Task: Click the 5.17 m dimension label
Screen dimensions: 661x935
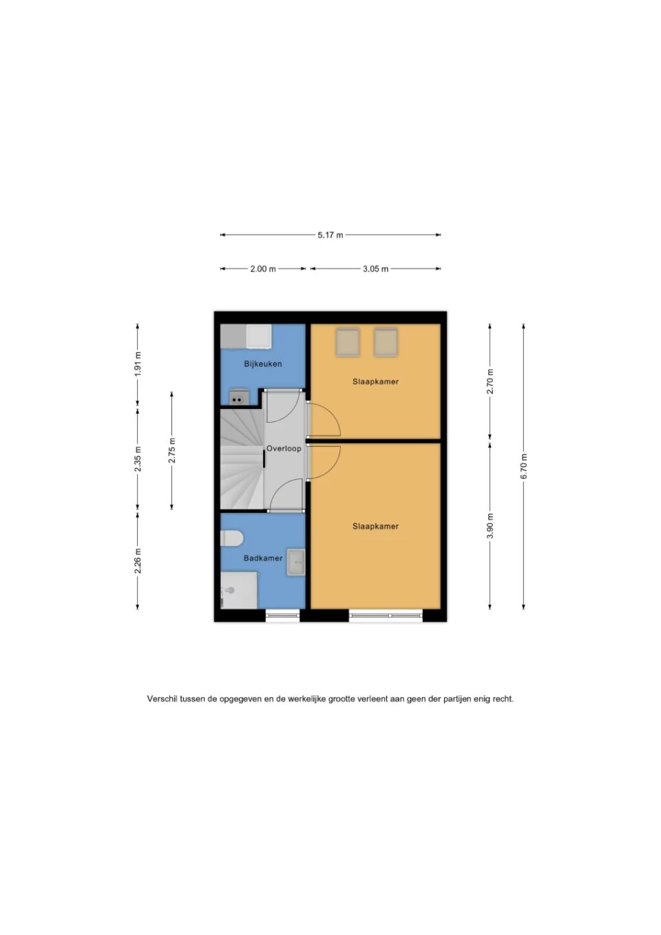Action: [330, 235]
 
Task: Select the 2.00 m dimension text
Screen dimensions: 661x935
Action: [263, 269]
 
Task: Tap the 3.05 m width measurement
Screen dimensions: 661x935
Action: [375, 269]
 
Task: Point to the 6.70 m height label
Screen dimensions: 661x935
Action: [524, 466]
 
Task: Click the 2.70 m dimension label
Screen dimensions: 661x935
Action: [490, 381]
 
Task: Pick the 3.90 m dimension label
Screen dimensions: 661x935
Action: [490, 526]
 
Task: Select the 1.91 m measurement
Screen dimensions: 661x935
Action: [138, 364]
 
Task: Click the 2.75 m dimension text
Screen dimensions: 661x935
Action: [171, 450]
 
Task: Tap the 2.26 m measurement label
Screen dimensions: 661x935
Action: [138, 560]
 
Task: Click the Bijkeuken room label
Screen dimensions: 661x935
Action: [263, 364]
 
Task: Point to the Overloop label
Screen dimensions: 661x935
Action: [284, 449]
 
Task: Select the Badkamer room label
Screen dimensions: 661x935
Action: [263, 558]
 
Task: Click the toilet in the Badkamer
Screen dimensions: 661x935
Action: [231, 538]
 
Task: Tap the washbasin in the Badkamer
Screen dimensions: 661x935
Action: [296, 563]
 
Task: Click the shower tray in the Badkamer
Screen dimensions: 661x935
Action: [239, 590]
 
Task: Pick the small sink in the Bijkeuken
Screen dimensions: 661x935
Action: [239, 397]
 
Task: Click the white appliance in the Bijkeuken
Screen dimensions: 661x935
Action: [259, 337]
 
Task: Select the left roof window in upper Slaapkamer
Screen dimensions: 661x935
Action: [348, 342]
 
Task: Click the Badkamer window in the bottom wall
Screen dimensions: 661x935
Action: [282, 616]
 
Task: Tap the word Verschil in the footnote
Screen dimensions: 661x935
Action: [162, 699]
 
